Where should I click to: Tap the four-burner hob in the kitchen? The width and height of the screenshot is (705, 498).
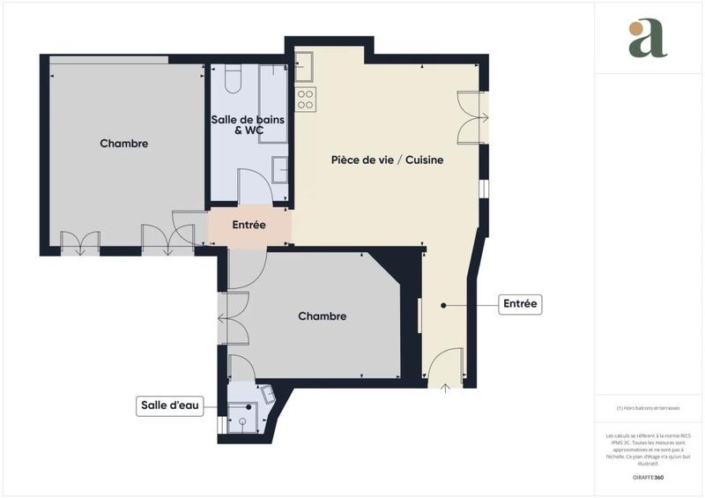point(306,99)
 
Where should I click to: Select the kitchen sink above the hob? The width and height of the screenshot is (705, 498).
point(305,65)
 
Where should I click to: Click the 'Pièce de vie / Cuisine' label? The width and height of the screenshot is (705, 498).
point(387,160)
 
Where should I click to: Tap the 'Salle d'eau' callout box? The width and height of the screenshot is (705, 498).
point(170,405)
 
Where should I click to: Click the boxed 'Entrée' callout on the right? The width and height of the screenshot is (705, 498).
point(520,305)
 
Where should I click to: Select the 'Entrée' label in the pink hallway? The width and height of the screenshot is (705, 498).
point(249,225)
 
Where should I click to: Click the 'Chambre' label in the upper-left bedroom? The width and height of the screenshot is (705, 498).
point(124,144)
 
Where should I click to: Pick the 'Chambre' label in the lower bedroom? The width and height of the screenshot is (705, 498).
point(322,316)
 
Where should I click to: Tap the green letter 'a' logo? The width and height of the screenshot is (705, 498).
point(648,39)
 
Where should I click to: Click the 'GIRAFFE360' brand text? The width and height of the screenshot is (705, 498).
point(648,477)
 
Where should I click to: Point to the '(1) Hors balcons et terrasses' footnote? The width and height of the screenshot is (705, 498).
point(649,408)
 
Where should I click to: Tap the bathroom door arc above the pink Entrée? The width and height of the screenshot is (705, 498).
point(256,186)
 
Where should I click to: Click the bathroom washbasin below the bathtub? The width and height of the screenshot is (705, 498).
point(280,168)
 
